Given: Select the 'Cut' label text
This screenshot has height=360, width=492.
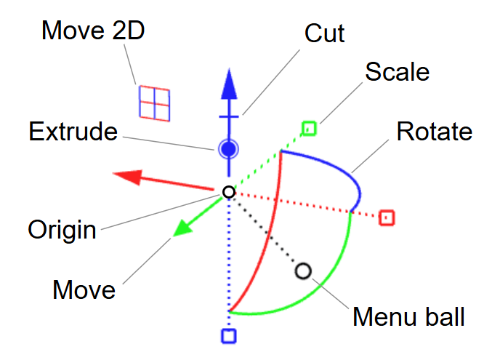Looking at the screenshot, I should point(324,33).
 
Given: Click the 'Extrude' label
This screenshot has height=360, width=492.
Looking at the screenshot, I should point(73,132).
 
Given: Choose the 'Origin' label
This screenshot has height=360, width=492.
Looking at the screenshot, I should point(62,230).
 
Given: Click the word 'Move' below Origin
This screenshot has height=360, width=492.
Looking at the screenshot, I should point(84,289).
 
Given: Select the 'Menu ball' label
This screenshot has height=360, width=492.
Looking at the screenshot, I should point(408,317).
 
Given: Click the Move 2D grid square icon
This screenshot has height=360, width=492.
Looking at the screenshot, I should point(155,103).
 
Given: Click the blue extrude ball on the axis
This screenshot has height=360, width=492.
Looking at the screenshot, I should point(229,149).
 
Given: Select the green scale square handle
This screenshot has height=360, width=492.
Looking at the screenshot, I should point(309,129).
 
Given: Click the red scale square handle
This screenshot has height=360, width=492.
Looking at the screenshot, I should point(387,217).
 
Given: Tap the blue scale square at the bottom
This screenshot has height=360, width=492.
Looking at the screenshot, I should point(229,335).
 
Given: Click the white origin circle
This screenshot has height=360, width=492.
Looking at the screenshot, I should point(229,192).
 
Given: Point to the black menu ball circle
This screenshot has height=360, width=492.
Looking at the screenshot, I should point(303,271).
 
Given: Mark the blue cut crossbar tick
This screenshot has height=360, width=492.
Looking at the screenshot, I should point(229,116).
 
